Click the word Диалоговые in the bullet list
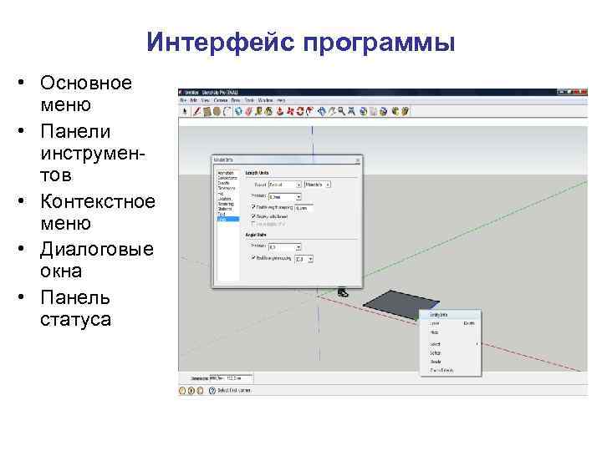coord(96,250)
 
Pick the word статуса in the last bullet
coord(74,320)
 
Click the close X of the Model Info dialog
coord(358,159)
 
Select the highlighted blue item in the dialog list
coord(227,219)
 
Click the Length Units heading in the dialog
coord(257,170)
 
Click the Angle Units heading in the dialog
coord(255,235)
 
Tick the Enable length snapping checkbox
coord(253,205)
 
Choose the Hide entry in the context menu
coord(435,332)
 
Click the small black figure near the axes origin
coord(342,291)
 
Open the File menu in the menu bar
coord(182,100)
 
